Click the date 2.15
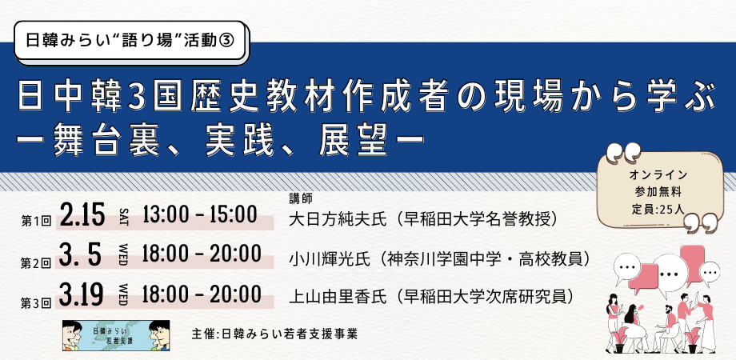(82, 216)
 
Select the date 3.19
(82, 295)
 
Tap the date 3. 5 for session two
(81, 256)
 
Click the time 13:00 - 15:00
(200, 215)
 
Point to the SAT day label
(123, 216)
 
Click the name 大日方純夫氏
(338, 218)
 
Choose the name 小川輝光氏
(332, 258)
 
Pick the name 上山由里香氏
(338, 297)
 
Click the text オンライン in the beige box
(658, 174)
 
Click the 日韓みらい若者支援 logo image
(116, 335)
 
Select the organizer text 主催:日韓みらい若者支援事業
(274, 334)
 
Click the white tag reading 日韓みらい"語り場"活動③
(130, 40)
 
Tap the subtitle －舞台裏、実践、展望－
(220, 140)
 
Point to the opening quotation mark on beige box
(623, 153)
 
